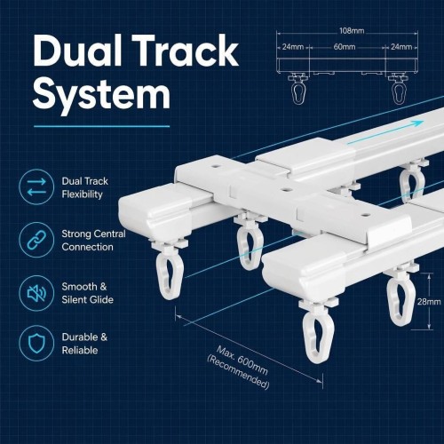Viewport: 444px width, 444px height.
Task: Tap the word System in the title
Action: pos(101,93)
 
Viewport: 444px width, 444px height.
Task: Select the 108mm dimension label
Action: pos(352,30)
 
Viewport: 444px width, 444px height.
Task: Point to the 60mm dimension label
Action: pos(345,47)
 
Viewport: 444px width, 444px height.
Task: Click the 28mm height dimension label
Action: pos(429,302)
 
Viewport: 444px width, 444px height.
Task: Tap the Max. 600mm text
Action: pos(242,360)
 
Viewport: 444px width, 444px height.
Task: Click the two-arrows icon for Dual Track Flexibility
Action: pos(36,186)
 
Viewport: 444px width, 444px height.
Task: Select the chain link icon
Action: pos(36,240)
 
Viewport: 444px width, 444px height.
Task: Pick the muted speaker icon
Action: pos(36,293)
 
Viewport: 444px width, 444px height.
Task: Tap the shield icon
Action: pos(36,344)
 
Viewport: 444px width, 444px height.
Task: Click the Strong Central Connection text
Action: pos(93,241)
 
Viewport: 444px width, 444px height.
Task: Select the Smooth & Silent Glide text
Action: pos(88,293)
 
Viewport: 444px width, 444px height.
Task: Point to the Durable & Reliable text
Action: pos(84,344)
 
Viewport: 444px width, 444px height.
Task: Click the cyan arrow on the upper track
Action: pos(385,133)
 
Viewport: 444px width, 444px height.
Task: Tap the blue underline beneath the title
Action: pos(101,126)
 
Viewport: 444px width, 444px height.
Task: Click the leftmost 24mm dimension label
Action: pos(293,47)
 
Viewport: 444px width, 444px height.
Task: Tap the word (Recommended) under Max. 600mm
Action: pos(238,372)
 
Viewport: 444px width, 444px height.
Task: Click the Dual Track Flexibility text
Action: pos(85,187)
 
